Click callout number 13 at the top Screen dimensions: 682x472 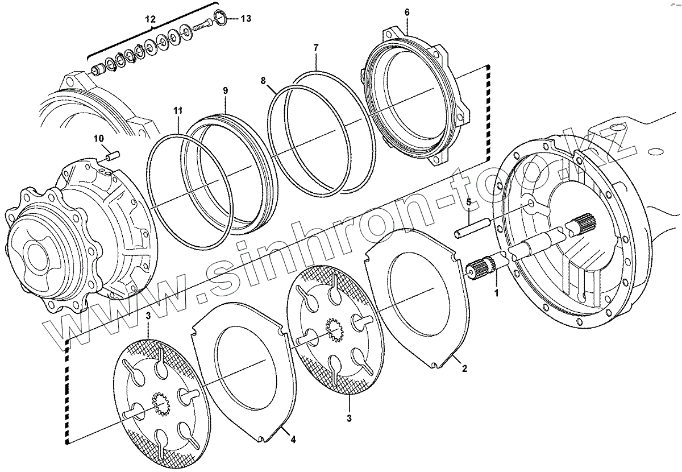[246, 19]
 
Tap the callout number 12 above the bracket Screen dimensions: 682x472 [150, 19]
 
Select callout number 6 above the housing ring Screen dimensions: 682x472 [407, 13]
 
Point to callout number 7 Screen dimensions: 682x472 [316, 48]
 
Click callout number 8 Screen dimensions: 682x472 [263, 81]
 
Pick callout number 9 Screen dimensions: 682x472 [225, 90]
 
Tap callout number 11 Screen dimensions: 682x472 [178, 110]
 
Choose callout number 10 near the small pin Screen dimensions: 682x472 [98, 139]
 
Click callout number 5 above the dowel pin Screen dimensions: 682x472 [469, 202]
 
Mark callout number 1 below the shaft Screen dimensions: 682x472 [496, 293]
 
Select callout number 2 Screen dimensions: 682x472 [464, 369]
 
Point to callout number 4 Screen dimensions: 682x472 [293, 440]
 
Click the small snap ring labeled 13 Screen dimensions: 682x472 [222, 18]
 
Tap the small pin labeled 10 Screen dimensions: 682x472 [113, 155]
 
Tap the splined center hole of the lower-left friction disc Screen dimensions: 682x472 [160, 404]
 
